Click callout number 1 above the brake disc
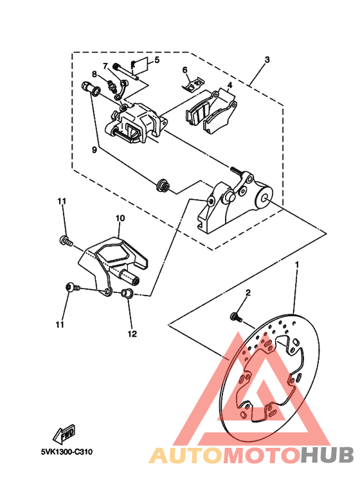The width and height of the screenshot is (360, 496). tap(296, 263)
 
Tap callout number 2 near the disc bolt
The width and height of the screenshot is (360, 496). tap(248, 292)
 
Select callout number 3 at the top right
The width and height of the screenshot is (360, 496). tap(267, 60)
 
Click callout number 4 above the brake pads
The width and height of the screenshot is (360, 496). tap(230, 85)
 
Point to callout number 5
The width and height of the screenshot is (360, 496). tap(157, 60)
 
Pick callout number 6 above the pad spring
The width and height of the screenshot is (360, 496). tap(185, 69)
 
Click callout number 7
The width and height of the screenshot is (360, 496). tap(105, 66)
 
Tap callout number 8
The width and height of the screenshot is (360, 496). tap(94, 74)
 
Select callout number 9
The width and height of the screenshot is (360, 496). tap(94, 150)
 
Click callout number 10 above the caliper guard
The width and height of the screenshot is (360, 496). tap(120, 218)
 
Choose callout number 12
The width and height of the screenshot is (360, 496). tap(132, 333)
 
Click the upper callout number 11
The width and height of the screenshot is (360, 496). tap(62, 201)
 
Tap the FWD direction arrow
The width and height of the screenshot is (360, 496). tap(64, 433)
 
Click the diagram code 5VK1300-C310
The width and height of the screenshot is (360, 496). tap(67, 452)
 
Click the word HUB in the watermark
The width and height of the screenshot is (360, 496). tap(327, 455)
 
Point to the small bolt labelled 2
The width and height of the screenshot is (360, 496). tap(236, 317)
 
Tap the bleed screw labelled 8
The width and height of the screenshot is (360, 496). tap(111, 84)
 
